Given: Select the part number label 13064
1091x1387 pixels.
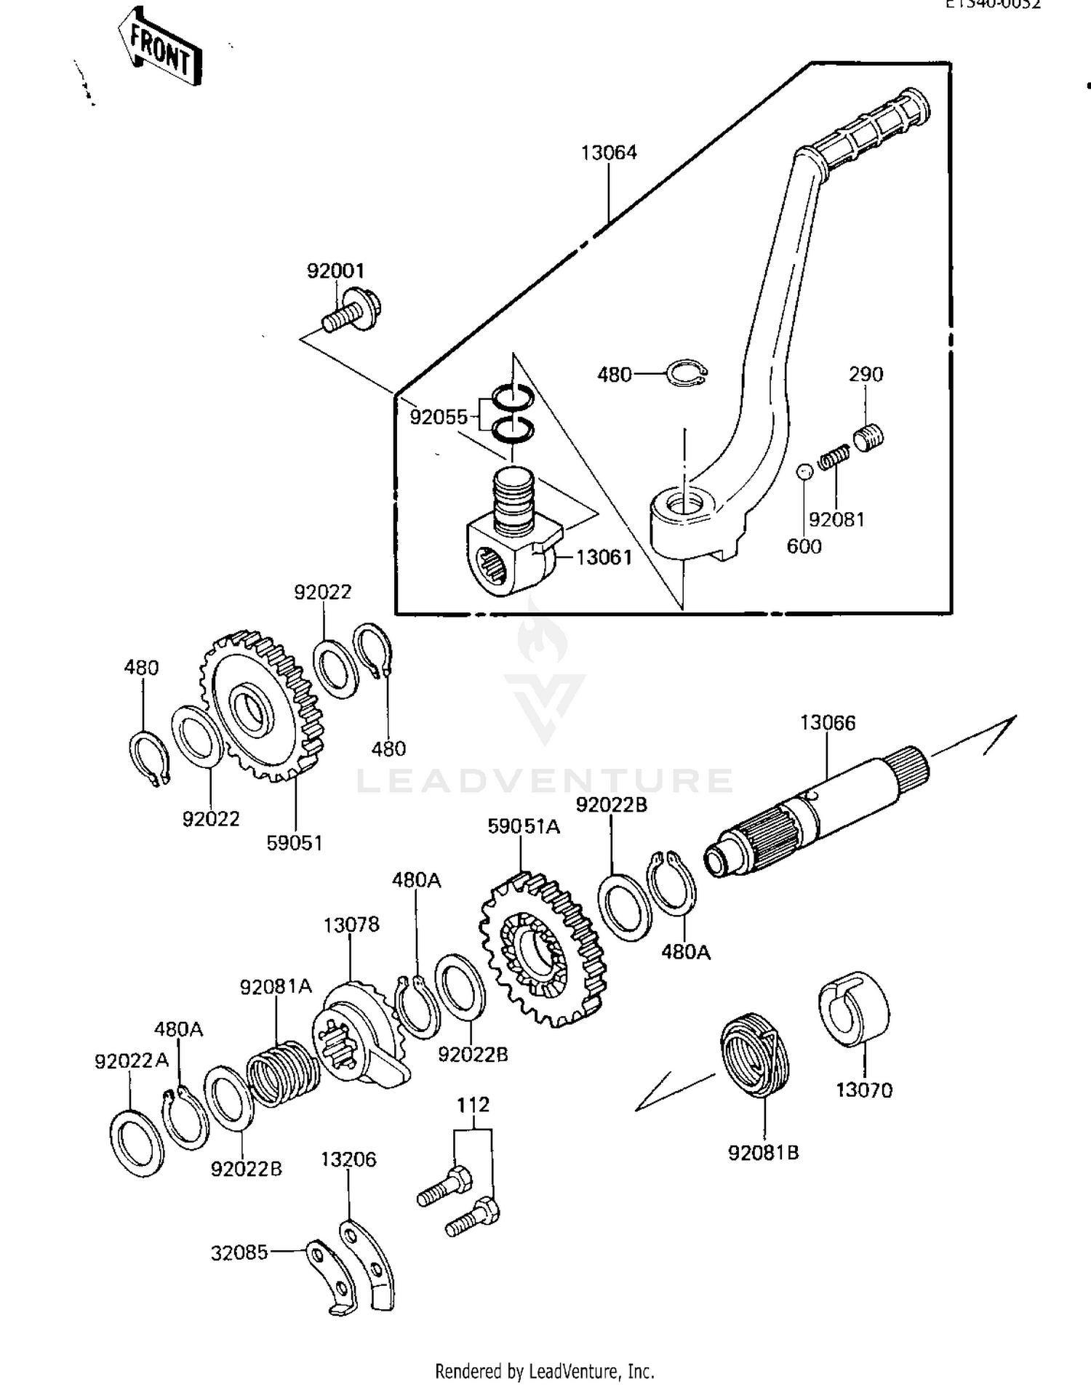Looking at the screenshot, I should pyautogui.click(x=608, y=153).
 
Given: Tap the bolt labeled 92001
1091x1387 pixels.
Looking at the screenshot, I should pyautogui.click(x=351, y=311).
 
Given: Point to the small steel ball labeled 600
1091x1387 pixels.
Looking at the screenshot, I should pyautogui.click(x=803, y=471).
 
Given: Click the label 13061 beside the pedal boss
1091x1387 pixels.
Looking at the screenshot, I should pyautogui.click(x=604, y=558).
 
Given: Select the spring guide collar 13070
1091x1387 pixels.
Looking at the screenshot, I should pyautogui.click(x=855, y=1009).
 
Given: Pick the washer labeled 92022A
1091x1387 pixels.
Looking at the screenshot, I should pyautogui.click(x=137, y=1143).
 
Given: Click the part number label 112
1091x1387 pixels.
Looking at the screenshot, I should pyautogui.click(x=473, y=1105).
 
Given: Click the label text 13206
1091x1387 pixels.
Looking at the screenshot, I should pyautogui.click(x=348, y=1159).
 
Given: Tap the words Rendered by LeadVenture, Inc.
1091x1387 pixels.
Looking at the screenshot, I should pyautogui.click(x=544, y=1372).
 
